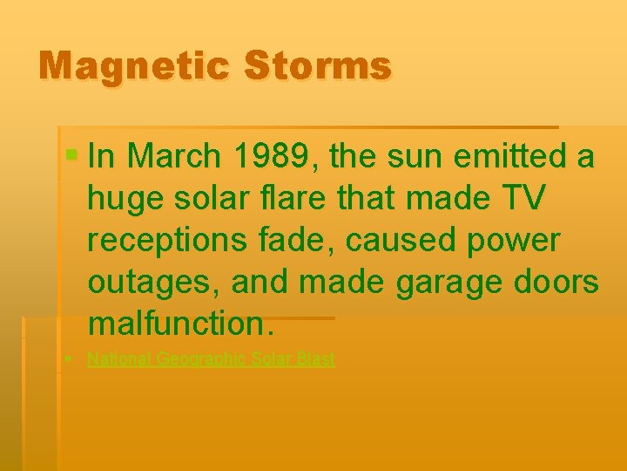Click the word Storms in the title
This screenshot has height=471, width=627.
[319, 66]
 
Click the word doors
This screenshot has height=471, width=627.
[556, 282]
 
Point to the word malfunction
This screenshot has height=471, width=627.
[180, 324]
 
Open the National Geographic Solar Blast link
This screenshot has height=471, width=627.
[211, 358]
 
